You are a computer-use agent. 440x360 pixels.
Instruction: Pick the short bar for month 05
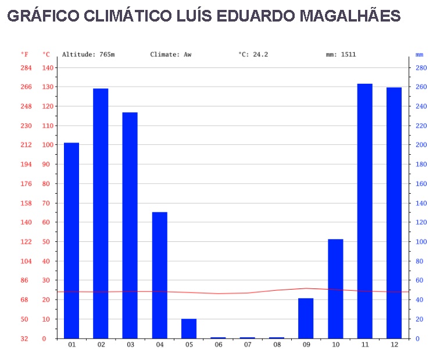(x=189, y=329)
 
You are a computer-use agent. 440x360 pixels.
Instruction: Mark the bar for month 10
(x=335, y=288)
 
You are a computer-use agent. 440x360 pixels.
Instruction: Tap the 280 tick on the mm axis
(x=420, y=68)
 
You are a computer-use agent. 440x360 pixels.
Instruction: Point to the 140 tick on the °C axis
(x=47, y=68)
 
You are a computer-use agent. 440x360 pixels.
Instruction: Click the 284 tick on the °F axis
(x=26, y=68)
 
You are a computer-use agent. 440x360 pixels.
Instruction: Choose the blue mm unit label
(x=420, y=55)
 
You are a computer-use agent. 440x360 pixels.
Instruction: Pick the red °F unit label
(x=25, y=55)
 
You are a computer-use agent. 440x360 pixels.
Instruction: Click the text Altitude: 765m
(x=88, y=55)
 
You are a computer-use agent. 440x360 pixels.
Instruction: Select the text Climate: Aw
(x=170, y=55)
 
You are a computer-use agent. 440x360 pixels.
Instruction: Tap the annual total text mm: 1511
(x=341, y=55)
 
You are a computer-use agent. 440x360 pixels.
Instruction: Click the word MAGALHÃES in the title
(x=350, y=16)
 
